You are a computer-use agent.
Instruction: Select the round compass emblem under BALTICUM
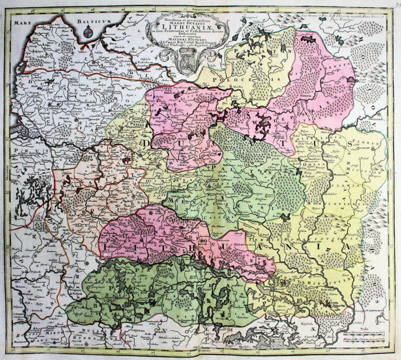coord(88,35)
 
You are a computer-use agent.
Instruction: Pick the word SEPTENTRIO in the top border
coord(186,6)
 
